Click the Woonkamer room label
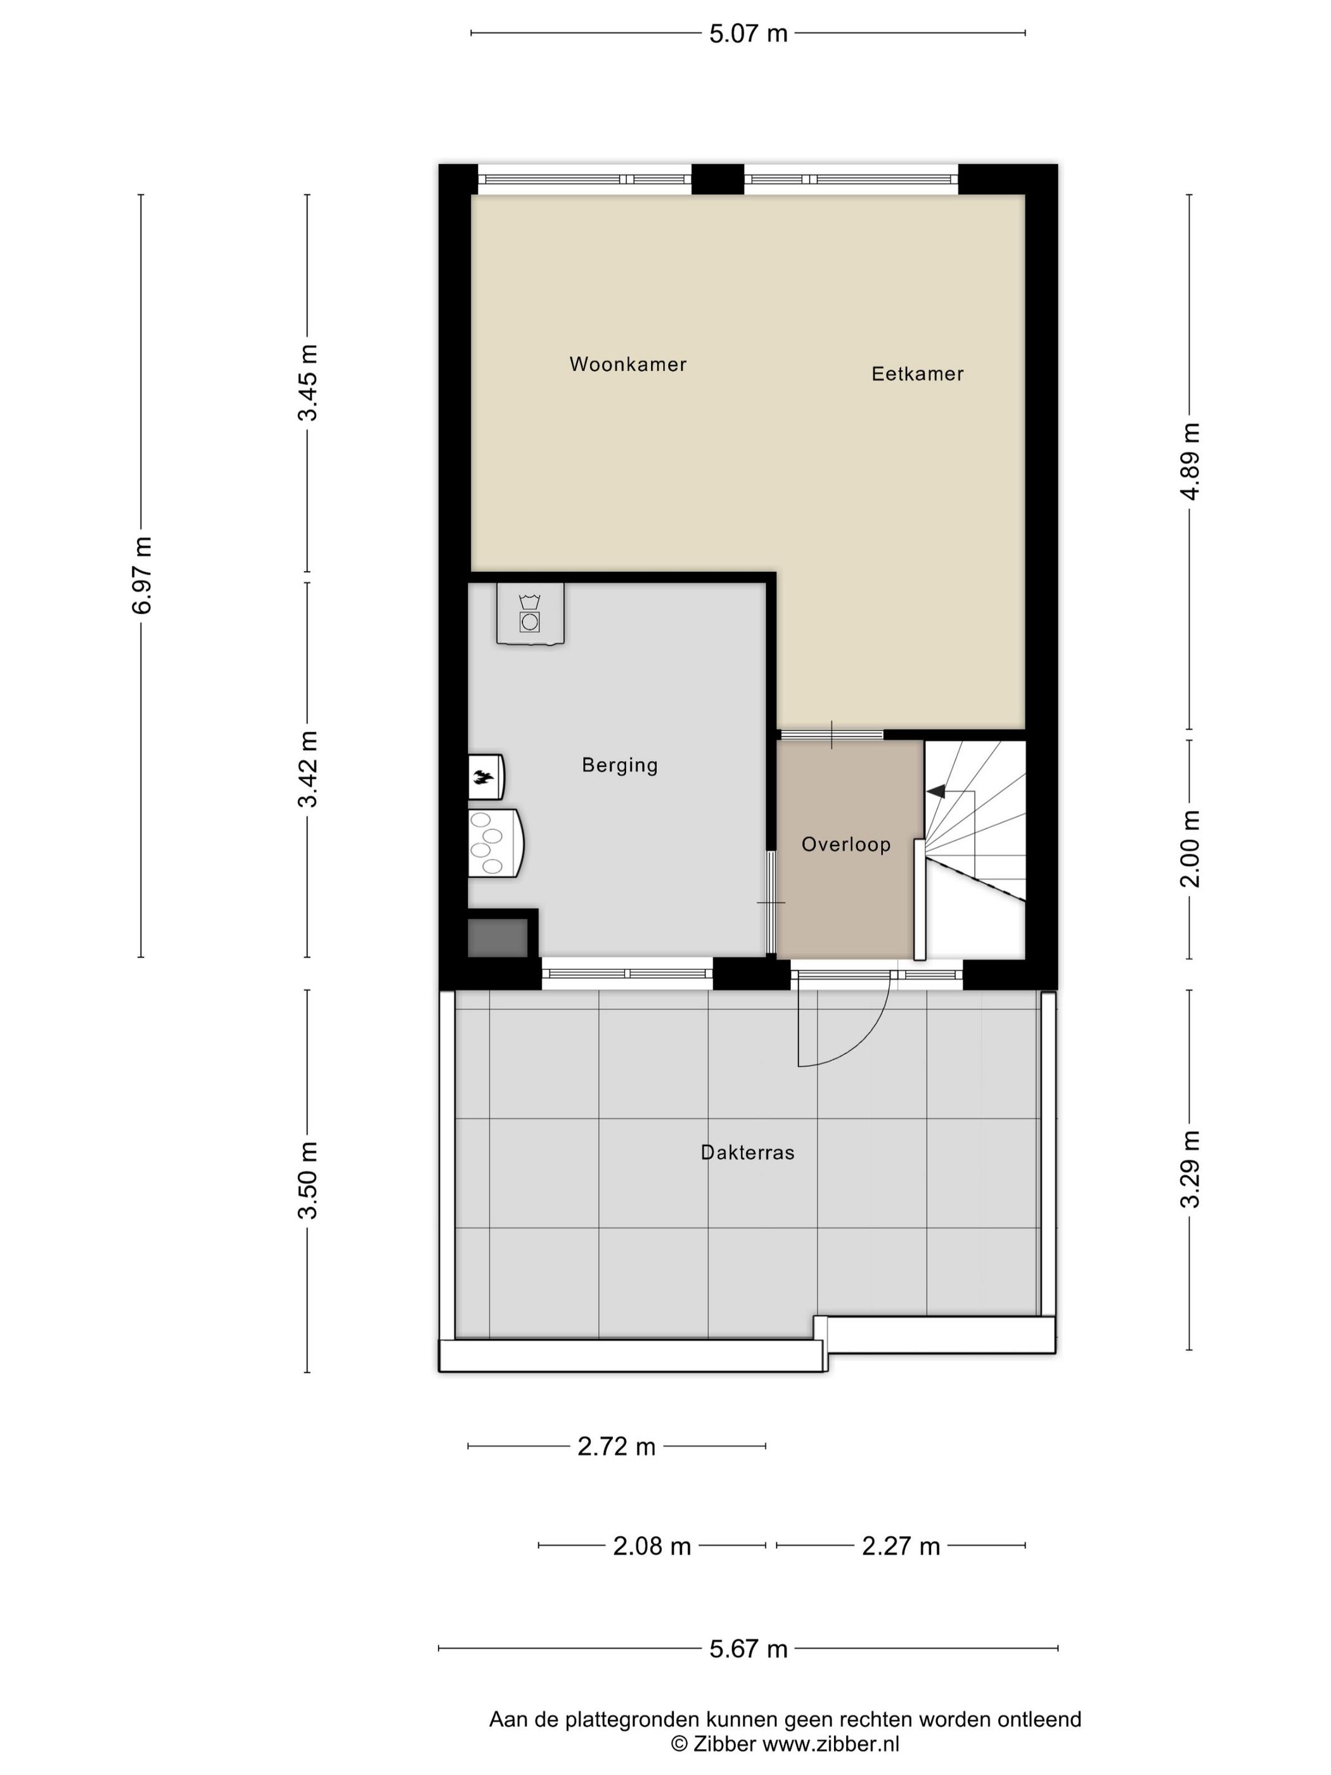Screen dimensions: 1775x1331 (627, 365)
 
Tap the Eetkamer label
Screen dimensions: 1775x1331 (917, 374)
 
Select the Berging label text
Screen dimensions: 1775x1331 (619, 766)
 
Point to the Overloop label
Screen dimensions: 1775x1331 (846, 844)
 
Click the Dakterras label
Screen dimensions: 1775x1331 (747, 1152)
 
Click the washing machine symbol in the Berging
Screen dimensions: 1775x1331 (529, 614)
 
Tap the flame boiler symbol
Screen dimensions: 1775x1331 (484, 777)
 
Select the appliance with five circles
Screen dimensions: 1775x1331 (492, 842)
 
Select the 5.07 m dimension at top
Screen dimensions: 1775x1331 (748, 34)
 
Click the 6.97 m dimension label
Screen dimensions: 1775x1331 (141, 574)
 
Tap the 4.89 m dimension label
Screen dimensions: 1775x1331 (1190, 461)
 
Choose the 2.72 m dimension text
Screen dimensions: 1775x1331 (616, 1447)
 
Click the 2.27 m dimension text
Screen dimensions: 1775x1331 (900, 1546)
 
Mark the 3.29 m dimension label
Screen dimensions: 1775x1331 (1190, 1168)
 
